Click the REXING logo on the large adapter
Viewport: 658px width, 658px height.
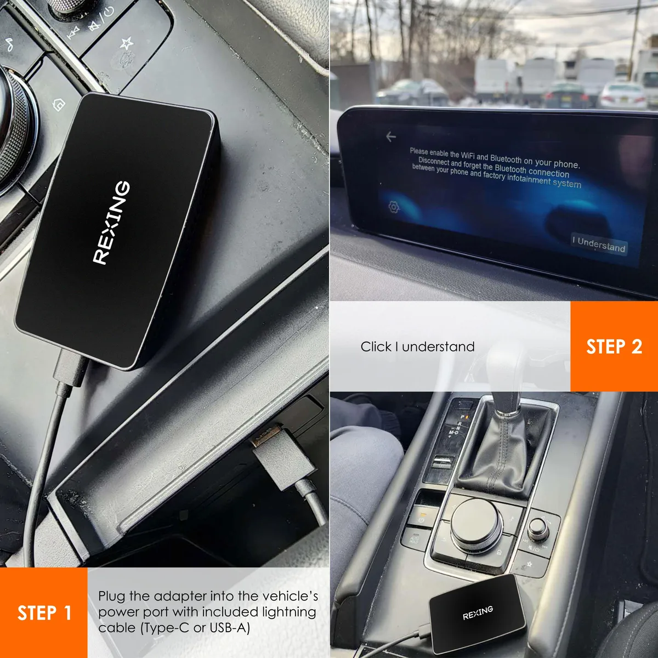pyautogui.click(x=111, y=223)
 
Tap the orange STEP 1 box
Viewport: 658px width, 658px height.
pyautogui.click(x=44, y=612)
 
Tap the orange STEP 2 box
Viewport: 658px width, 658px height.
pyautogui.click(x=614, y=346)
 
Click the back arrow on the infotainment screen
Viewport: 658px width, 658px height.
pyautogui.click(x=391, y=137)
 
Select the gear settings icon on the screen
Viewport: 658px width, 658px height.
pyautogui.click(x=394, y=207)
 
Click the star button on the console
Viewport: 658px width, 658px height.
pyautogui.click(x=126, y=44)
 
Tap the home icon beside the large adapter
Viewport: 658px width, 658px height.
pyautogui.click(x=59, y=105)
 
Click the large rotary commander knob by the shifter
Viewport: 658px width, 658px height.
pyautogui.click(x=477, y=525)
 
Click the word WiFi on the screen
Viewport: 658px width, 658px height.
pyautogui.click(x=468, y=156)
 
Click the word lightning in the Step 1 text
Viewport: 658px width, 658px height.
pyautogui.click(x=289, y=612)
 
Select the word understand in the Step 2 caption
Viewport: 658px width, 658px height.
pyautogui.click(x=439, y=347)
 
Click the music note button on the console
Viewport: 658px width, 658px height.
pyautogui.click(x=9, y=45)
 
